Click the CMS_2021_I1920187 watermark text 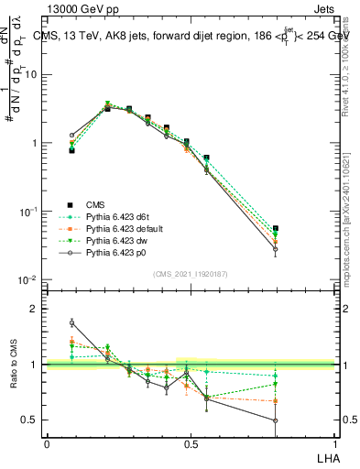click(189, 273)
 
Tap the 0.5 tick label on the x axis click(190, 444)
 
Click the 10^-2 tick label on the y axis click(29, 279)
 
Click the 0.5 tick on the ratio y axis click(33, 420)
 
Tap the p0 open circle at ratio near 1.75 click(71, 322)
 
